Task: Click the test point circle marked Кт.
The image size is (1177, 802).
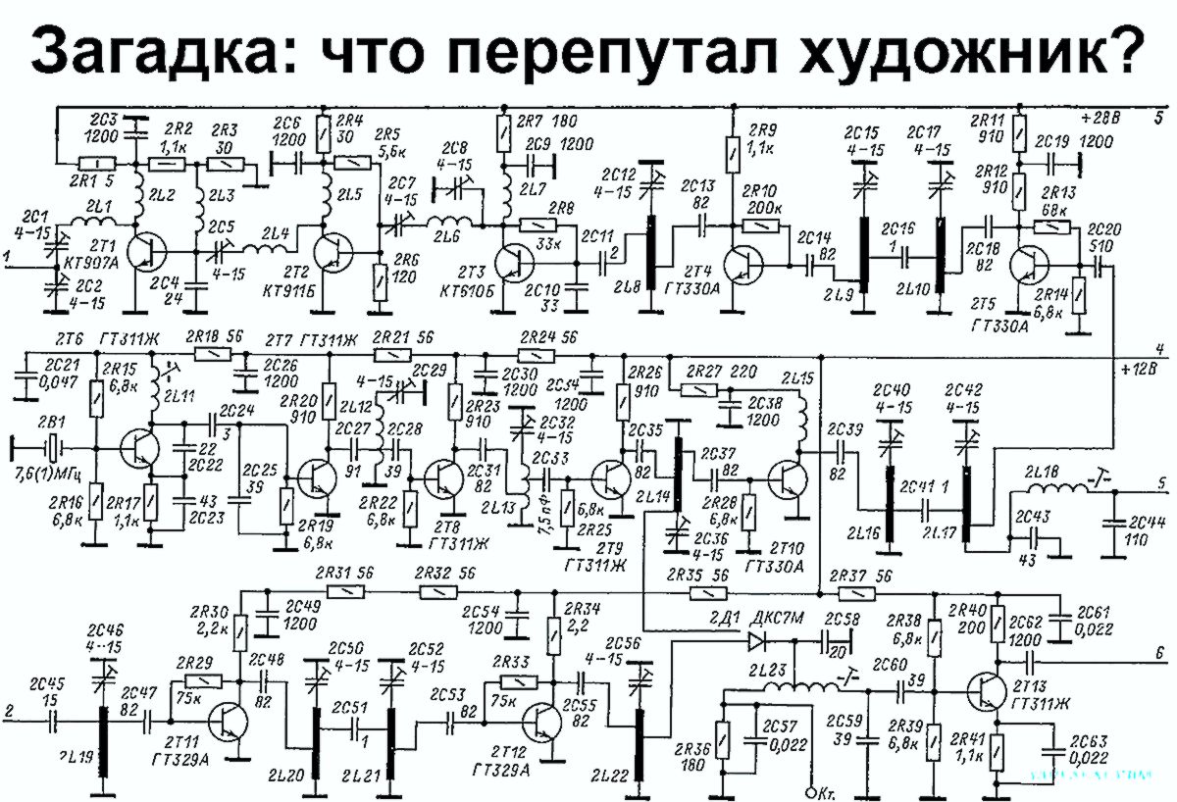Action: [x=810, y=790]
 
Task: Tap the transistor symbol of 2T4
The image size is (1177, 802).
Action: [x=742, y=266]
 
